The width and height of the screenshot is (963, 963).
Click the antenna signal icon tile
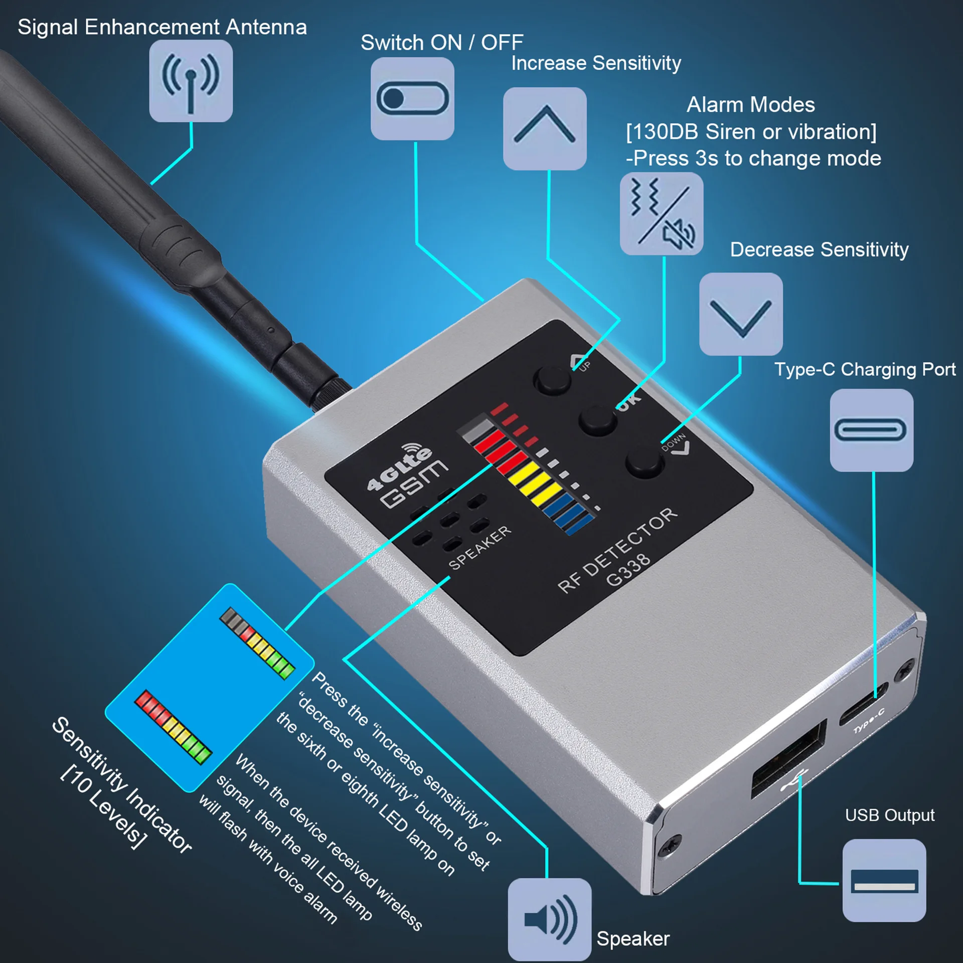tap(191, 81)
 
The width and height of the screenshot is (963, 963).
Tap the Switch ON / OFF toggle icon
tap(412, 98)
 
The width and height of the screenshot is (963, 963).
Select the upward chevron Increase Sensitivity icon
tap(545, 128)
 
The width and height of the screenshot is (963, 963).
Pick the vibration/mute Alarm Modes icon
tap(662, 214)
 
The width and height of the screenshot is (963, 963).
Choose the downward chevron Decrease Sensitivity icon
tap(741, 314)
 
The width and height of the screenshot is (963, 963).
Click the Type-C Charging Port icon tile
tap(871, 430)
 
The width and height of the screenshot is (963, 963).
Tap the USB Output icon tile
tap(884, 880)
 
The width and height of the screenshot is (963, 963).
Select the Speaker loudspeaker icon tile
tap(550, 919)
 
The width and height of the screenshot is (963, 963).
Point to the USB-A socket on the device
tap(788, 757)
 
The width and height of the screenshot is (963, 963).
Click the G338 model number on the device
tap(628, 570)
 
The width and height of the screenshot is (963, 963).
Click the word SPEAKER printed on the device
tap(479, 548)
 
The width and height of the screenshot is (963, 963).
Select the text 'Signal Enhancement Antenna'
tap(162, 27)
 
